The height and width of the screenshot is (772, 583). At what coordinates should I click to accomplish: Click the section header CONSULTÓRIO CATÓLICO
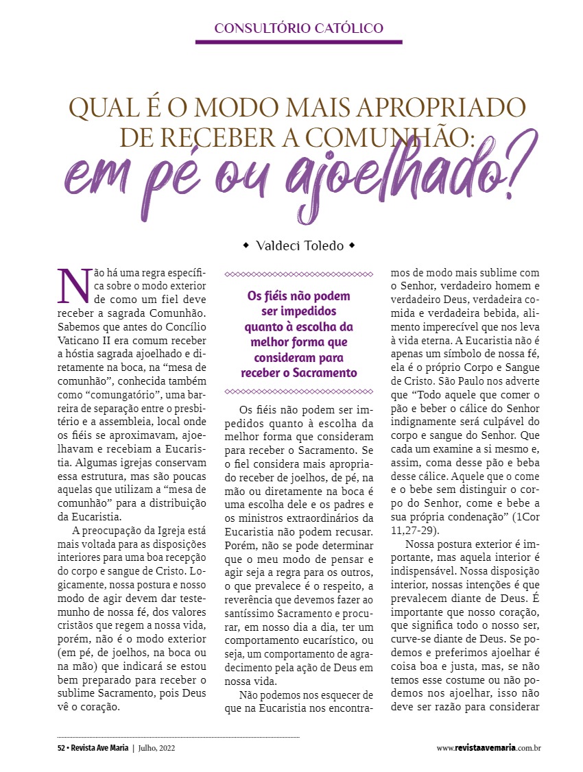pos(298,28)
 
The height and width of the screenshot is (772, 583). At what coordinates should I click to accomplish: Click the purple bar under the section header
pos(298,42)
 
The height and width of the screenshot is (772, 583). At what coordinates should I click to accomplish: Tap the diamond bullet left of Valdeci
pos(246,245)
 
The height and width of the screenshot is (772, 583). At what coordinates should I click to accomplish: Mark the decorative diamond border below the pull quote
pos(299,391)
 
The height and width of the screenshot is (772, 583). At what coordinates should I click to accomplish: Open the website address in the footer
pos(488,747)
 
